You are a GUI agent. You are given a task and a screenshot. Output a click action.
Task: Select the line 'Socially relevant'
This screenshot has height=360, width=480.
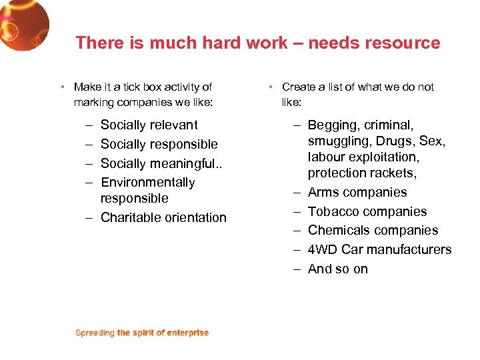pos(149,125)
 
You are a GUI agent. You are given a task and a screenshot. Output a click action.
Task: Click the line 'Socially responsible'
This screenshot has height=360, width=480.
pos(159,144)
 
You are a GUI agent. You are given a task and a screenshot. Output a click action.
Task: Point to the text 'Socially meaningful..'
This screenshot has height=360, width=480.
pos(162,163)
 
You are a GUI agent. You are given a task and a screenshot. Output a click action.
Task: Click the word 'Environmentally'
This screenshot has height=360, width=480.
pos(147,182)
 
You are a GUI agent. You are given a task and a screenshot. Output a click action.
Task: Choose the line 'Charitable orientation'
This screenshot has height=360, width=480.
pos(163,217)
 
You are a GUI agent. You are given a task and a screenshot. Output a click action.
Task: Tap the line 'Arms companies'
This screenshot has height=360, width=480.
pos(357,192)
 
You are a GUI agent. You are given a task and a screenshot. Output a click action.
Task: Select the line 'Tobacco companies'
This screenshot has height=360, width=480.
pos(367,211)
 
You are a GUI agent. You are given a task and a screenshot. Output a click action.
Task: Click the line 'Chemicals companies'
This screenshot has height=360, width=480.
pos(373,230)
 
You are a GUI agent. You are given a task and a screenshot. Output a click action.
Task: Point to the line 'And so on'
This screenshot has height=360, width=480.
pos(337,269)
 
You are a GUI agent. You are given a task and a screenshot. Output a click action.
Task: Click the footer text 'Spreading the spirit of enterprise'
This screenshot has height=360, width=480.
pos(142,333)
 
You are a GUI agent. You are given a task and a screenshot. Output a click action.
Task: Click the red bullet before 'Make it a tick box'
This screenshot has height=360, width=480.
pos(61,87)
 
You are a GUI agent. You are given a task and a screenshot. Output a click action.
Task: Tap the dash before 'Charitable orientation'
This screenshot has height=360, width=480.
pos(89,217)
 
